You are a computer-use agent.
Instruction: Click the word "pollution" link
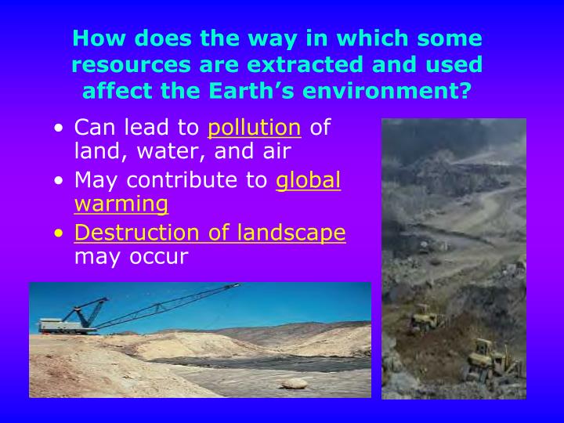pos(254,128)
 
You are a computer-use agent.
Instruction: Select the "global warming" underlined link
pos(309,181)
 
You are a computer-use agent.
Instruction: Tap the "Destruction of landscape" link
pos(210,233)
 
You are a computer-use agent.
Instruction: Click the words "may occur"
pos(131,256)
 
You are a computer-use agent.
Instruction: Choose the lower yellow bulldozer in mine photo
pos(488,359)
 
